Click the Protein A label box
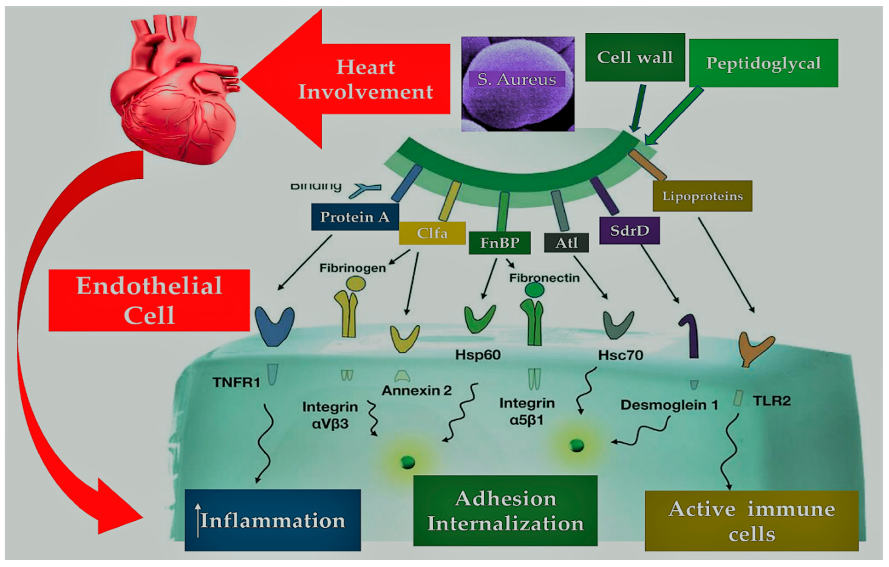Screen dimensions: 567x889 pyautogui.click(x=355, y=217)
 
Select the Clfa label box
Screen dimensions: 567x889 pyautogui.click(x=432, y=233)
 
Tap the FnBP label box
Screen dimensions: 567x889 pyautogui.click(x=500, y=243)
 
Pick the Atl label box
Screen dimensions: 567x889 pyautogui.click(x=566, y=243)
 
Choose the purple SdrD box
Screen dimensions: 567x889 pyautogui.click(x=629, y=231)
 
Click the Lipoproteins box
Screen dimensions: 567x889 pyautogui.click(x=702, y=196)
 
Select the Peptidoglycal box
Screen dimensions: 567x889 pyautogui.click(x=763, y=63)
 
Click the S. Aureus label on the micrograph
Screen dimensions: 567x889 pyautogui.click(x=517, y=79)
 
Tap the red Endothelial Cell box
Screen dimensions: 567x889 pyautogui.click(x=149, y=300)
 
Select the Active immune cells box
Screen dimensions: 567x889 pyautogui.click(x=752, y=521)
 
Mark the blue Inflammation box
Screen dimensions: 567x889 pyautogui.click(x=273, y=520)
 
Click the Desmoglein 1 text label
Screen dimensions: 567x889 pyautogui.click(x=669, y=405)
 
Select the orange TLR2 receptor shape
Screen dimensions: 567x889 pyautogui.click(x=754, y=349)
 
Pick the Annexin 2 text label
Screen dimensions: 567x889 pyautogui.click(x=416, y=391)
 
